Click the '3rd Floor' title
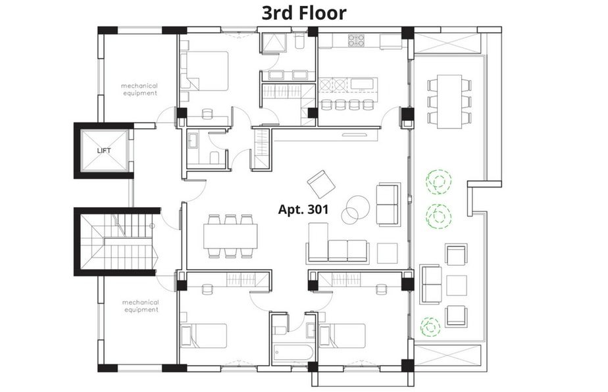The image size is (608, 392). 303,12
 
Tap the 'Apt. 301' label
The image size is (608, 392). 303,209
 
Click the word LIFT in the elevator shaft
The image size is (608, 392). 104,151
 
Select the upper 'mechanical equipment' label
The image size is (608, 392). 139,89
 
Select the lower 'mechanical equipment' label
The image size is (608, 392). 140,306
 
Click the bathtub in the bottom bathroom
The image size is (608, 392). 293,353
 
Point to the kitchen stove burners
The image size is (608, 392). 356,40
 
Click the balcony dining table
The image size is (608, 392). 449,101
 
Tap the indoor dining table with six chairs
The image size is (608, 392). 230,237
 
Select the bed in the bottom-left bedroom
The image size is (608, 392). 203,336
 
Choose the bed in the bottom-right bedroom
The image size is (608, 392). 342,336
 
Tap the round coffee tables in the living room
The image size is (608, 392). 355,210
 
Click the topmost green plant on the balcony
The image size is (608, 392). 438,182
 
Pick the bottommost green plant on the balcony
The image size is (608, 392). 430,327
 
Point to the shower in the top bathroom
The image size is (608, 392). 273,43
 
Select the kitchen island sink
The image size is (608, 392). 363,84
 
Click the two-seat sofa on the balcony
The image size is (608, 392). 432,285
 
